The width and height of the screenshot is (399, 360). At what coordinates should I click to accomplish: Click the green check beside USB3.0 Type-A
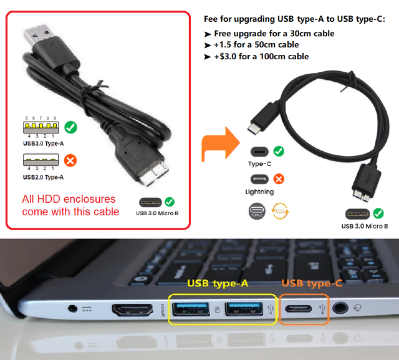70,128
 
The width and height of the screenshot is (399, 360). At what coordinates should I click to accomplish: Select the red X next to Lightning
279,179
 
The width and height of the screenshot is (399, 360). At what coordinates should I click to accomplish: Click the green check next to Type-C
279,151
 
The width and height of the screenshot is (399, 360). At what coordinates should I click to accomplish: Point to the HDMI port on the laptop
130,309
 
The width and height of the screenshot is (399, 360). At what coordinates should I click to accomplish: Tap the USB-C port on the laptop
302,308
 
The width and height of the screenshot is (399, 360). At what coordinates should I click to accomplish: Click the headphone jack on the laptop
340,307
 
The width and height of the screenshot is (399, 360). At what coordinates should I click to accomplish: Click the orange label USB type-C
311,283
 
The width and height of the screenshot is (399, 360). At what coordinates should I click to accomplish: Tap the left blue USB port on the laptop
191,308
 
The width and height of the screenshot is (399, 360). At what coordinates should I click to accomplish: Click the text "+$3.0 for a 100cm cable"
261,56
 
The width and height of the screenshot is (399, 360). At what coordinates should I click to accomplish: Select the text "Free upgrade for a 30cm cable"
274,34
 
